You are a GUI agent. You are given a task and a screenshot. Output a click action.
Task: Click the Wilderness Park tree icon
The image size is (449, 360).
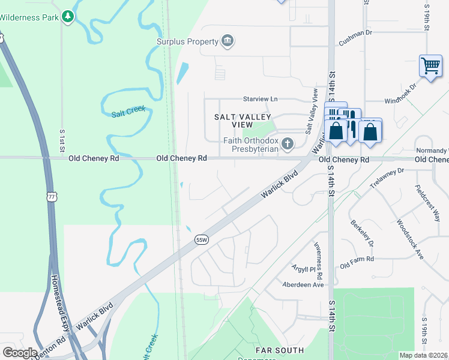68,17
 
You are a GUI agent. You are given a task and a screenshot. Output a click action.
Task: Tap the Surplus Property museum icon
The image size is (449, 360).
228,41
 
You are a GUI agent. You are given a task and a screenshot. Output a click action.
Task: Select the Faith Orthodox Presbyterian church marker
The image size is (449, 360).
288,144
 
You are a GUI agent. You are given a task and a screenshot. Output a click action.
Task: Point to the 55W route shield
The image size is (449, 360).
202,240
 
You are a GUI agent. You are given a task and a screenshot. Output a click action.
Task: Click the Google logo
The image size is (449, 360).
20,353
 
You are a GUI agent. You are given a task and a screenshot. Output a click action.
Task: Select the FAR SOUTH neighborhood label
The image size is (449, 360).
279,350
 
